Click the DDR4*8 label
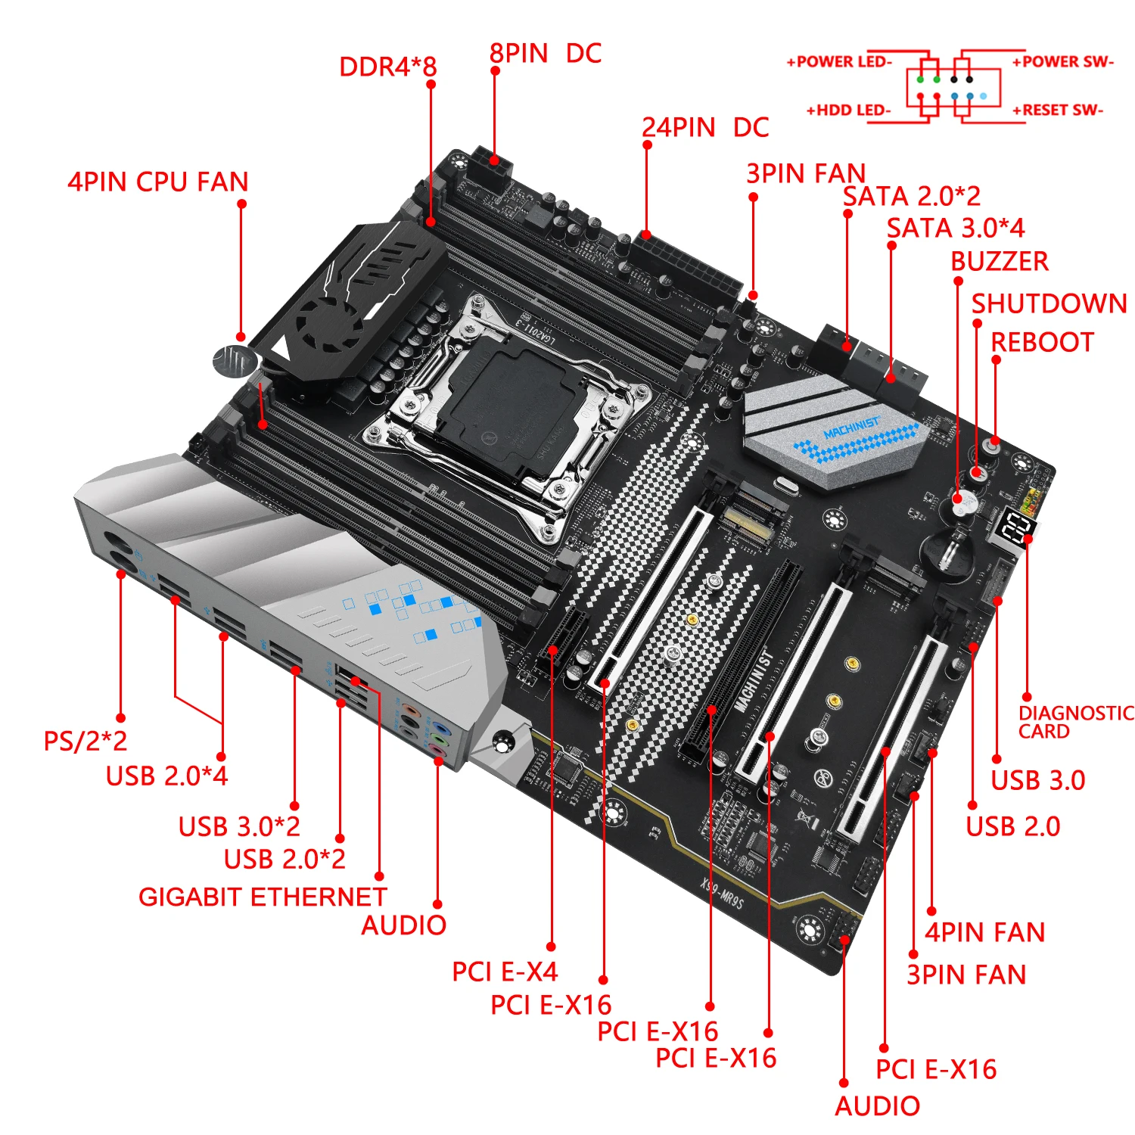point(387,67)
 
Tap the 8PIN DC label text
point(545,54)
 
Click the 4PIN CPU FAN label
point(157,182)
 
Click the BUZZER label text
point(1000,261)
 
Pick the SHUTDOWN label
point(1049,303)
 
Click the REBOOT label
point(1042,342)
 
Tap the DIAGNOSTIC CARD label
point(1074,722)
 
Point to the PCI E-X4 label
point(505,972)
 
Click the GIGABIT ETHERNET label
point(263,897)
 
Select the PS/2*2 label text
point(86,741)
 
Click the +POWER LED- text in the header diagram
point(839,62)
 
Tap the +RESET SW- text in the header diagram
point(1058,110)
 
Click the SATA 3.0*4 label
point(956,228)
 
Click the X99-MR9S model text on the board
point(722,893)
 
